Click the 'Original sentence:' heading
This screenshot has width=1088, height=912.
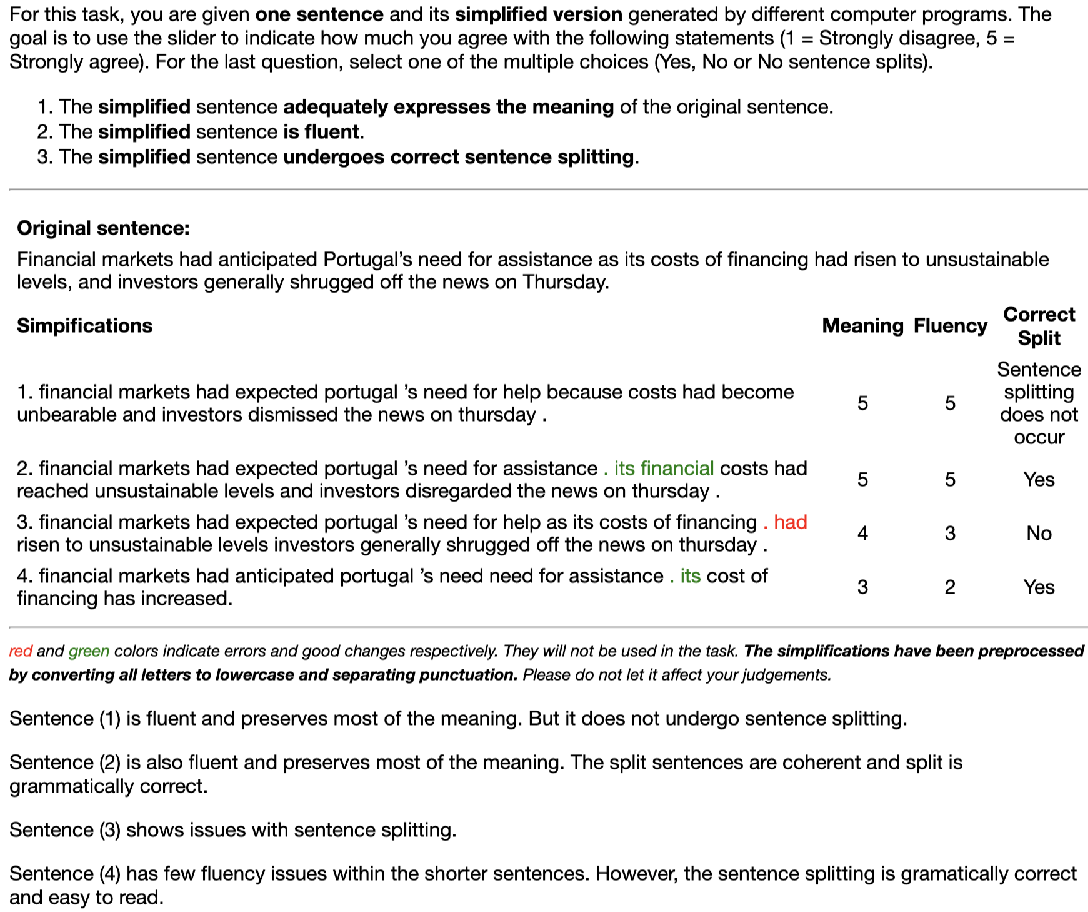coord(103,228)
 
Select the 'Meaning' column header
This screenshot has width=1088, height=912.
coord(862,325)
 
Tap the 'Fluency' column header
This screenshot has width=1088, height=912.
coord(950,325)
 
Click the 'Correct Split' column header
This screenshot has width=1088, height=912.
coord(1039,326)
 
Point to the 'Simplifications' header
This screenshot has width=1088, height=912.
coord(84,325)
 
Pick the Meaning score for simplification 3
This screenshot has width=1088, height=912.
coord(862,533)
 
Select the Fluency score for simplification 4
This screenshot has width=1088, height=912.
coord(950,587)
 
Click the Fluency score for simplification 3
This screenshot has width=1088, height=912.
coord(950,533)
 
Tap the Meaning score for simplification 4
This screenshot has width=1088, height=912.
coord(862,587)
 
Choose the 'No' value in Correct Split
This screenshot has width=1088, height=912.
coord(1039,533)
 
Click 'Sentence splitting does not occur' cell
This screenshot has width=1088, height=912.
coord(1039,403)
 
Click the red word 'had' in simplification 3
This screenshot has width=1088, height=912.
coord(791,522)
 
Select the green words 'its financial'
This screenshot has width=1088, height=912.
coord(664,468)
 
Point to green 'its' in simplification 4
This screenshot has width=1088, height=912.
coord(690,575)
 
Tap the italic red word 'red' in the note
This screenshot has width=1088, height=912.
coord(21,651)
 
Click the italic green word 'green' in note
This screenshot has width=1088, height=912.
coord(89,651)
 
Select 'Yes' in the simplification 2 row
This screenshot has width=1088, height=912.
coord(1039,479)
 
